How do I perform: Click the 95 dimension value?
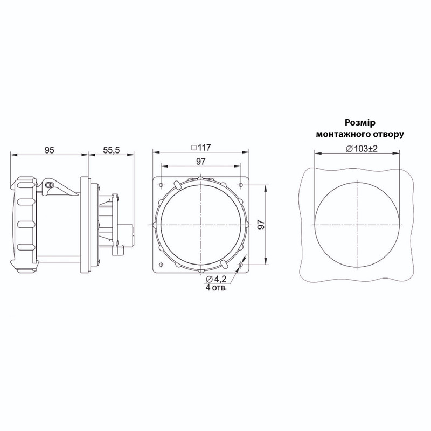(50, 150)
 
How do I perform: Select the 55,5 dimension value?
(112, 150)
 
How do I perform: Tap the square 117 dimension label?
(201, 148)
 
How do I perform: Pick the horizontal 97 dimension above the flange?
(200, 161)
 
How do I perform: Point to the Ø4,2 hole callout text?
(216, 279)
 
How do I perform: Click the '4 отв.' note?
(216, 288)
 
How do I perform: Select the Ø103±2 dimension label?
(362, 149)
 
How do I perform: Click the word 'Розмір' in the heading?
(360, 123)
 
